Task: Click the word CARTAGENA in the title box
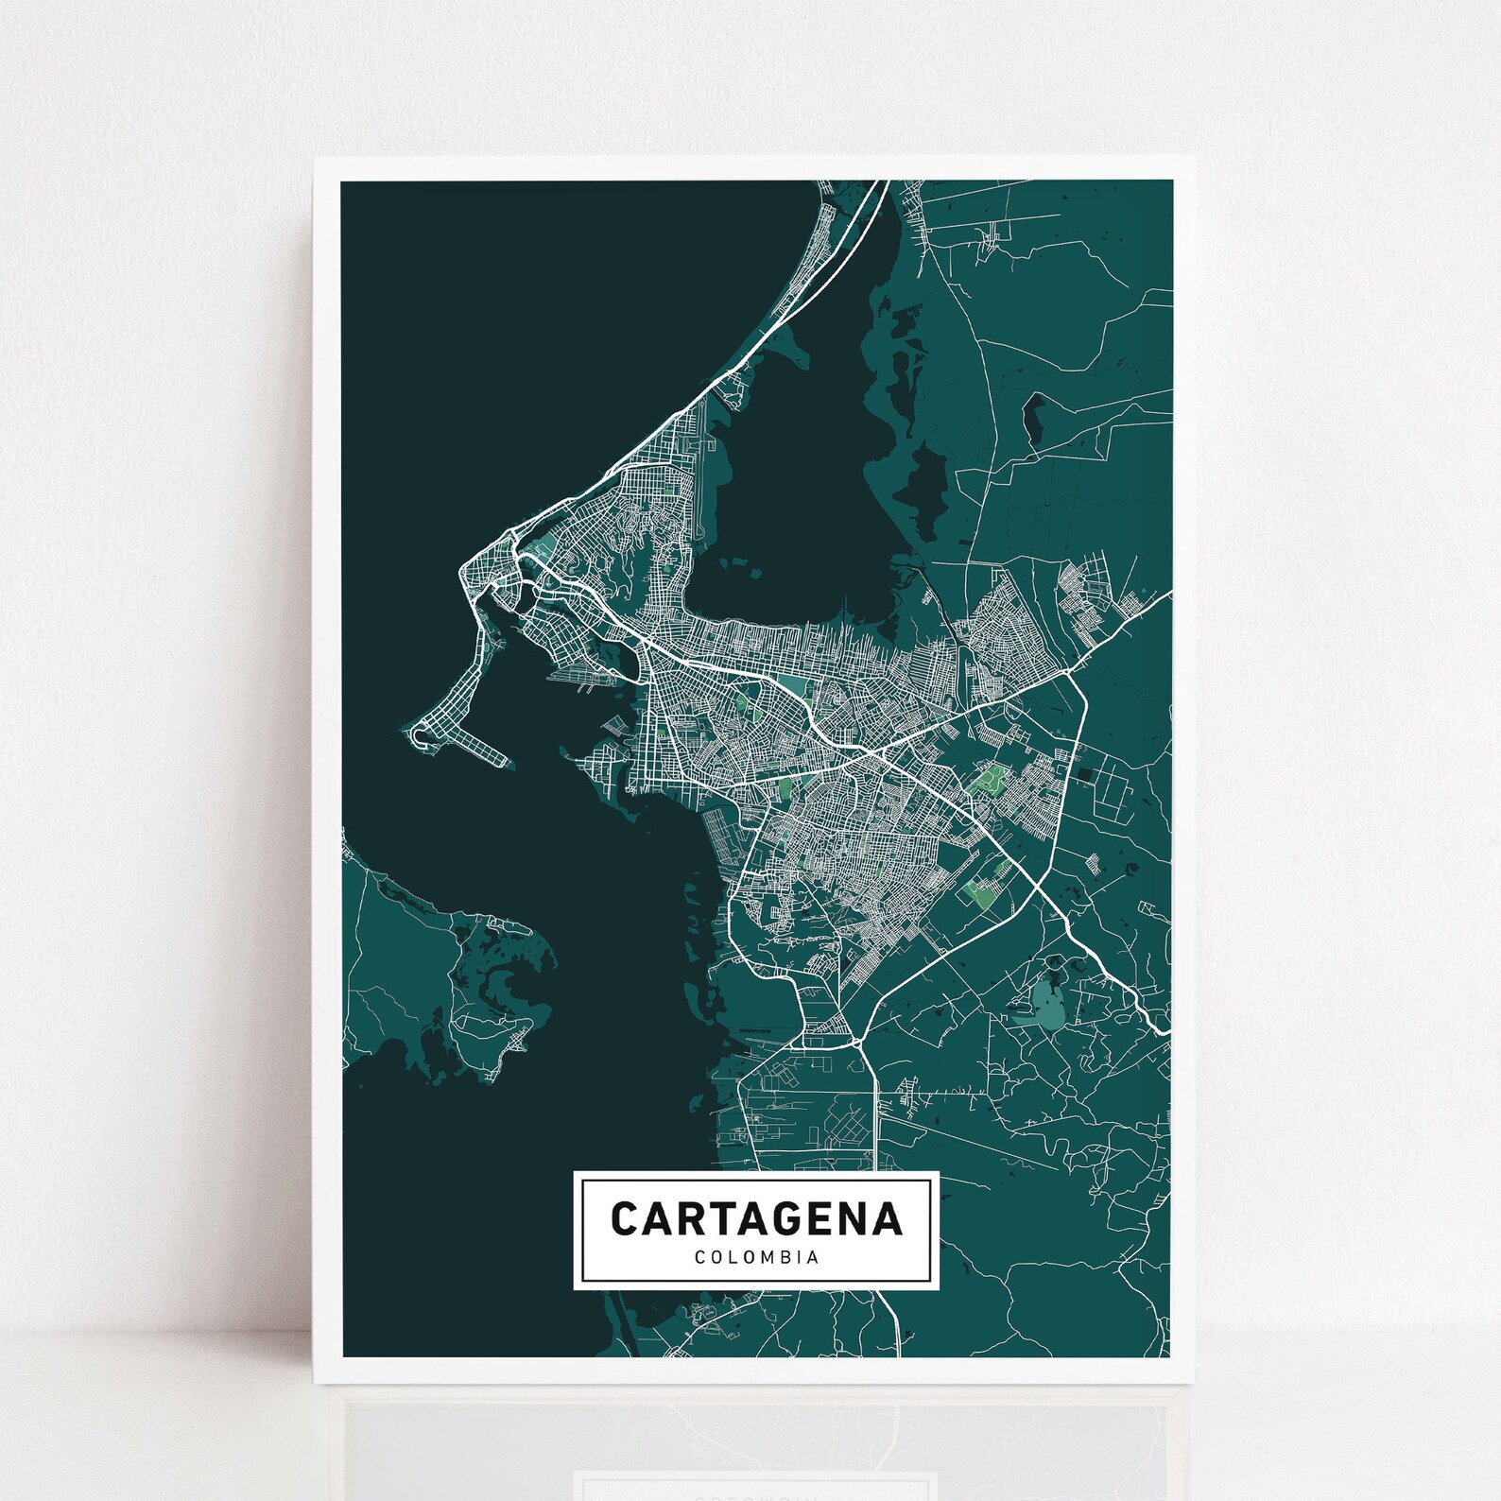click(756, 1217)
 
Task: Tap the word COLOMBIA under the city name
click(756, 1258)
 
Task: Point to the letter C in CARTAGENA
click(625, 1217)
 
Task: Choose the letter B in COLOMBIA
click(784, 1258)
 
